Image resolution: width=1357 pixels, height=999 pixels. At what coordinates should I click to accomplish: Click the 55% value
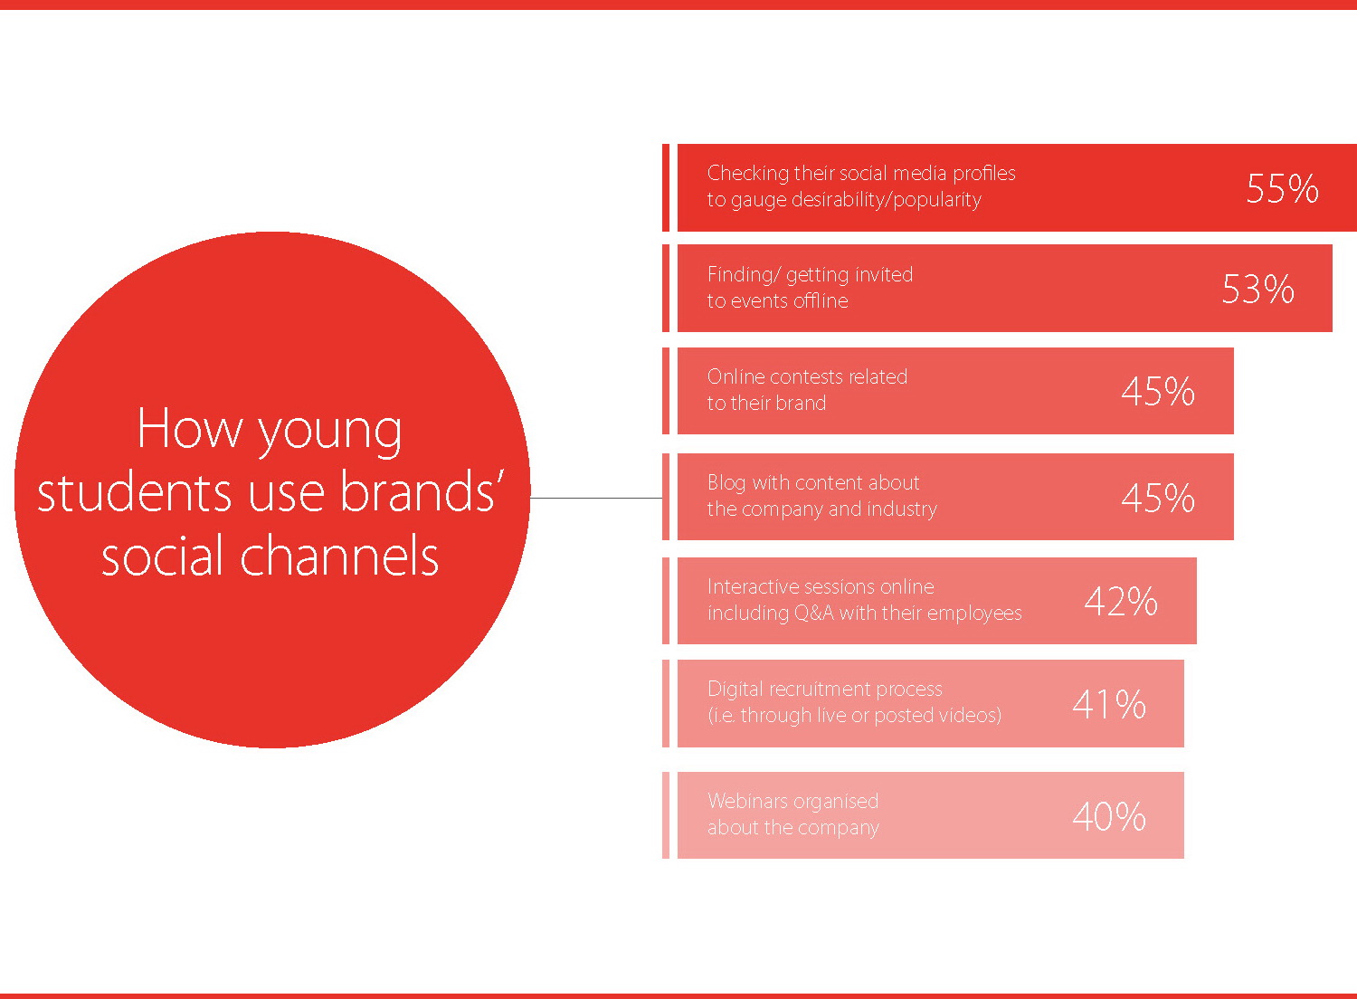(x=1282, y=188)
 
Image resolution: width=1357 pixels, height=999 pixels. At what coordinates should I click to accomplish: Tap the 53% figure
(x=1257, y=289)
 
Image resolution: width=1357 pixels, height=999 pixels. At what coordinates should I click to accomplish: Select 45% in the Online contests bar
(x=1158, y=391)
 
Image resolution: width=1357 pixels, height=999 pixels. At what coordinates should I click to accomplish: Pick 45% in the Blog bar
(x=1158, y=498)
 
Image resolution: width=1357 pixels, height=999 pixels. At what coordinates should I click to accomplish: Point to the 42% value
(x=1121, y=602)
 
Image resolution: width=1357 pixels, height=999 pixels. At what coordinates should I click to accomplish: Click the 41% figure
(x=1108, y=705)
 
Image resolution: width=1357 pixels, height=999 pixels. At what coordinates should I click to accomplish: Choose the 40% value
(x=1108, y=816)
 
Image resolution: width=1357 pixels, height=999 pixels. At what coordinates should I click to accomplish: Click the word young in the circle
(x=330, y=433)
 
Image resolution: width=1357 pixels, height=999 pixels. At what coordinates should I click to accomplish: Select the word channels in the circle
(x=339, y=556)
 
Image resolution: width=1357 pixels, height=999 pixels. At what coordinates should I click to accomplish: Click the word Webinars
(x=749, y=801)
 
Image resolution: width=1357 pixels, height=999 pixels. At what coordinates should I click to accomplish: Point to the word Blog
(x=726, y=483)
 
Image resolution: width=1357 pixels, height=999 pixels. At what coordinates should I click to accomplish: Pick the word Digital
(x=735, y=690)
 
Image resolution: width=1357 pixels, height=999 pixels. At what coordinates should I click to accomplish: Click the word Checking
(x=747, y=174)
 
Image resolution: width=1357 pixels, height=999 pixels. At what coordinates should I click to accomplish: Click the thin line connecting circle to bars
(x=596, y=498)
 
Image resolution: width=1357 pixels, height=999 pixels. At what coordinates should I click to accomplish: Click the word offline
(x=821, y=300)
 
